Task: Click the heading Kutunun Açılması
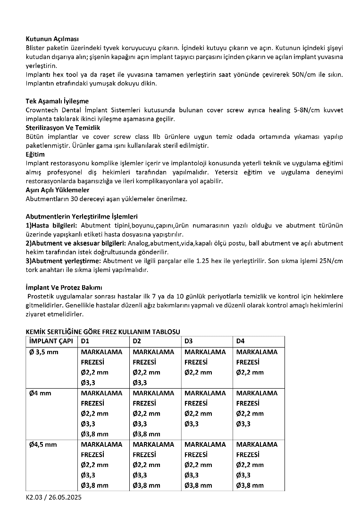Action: click(x=52, y=39)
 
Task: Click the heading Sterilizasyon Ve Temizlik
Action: click(x=63, y=127)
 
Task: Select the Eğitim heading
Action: click(x=35, y=154)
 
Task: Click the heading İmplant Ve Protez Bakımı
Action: click(x=64, y=287)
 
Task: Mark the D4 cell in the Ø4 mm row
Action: click(x=258, y=408)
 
